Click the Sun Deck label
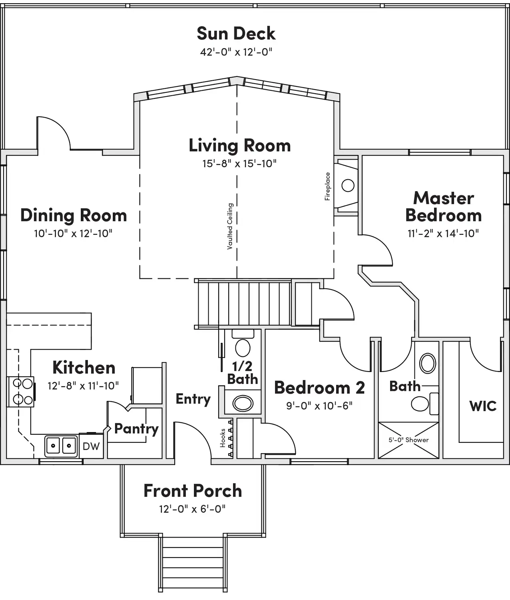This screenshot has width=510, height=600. [236, 33]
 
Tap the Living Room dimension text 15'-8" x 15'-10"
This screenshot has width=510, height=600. [239, 164]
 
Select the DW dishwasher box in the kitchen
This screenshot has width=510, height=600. [91, 446]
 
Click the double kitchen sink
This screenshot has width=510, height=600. [61, 446]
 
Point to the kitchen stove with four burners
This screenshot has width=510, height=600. [20, 392]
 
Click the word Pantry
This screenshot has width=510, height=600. [136, 429]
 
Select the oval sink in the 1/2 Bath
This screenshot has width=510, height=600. [243, 403]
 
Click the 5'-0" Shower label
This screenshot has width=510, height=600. [408, 440]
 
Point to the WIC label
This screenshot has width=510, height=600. [483, 406]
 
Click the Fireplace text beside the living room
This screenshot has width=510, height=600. [327, 186]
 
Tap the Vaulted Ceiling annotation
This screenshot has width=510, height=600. [230, 226]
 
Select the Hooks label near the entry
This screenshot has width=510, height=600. [223, 438]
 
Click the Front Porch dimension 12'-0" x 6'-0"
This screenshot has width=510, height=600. [192, 509]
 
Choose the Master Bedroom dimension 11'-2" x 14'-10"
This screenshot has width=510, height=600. [443, 233]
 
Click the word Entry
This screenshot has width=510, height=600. [193, 399]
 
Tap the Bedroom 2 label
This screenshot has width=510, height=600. [319, 388]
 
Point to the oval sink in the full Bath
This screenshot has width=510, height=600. [428, 363]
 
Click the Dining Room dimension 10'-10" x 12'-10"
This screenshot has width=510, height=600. [73, 233]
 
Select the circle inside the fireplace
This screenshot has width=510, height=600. [348, 185]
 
